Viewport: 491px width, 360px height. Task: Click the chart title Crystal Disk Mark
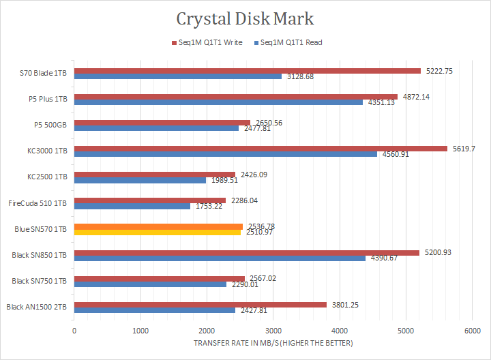click(x=245, y=18)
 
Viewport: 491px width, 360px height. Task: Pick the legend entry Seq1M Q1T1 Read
click(x=287, y=42)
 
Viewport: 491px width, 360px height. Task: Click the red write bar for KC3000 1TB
click(x=261, y=148)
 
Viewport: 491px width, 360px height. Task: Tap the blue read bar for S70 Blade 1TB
click(x=178, y=76)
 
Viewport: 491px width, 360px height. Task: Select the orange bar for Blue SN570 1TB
click(x=158, y=226)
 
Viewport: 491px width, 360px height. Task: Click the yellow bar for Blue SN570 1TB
click(x=158, y=232)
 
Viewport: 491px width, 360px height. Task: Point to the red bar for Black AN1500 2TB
click(x=200, y=304)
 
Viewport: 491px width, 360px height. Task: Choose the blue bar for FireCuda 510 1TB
click(x=132, y=206)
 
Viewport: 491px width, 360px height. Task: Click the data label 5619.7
click(x=464, y=148)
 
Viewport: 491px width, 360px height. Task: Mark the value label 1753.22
click(x=207, y=206)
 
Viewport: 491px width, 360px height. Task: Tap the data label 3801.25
click(x=345, y=304)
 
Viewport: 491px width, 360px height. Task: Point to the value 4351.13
click(x=380, y=102)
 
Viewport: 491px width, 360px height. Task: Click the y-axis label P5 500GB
click(x=50, y=125)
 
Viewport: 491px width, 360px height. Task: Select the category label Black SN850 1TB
click(x=40, y=255)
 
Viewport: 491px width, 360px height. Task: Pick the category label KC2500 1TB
click(x=47, y=177)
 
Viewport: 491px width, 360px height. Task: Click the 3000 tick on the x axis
click(x=273, y=330)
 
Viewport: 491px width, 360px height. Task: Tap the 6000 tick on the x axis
click(x=473, y=330)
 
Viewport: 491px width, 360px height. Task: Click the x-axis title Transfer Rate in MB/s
click(x=273, y=343)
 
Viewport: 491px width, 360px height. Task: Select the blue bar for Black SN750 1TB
click(x=150, y=284)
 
